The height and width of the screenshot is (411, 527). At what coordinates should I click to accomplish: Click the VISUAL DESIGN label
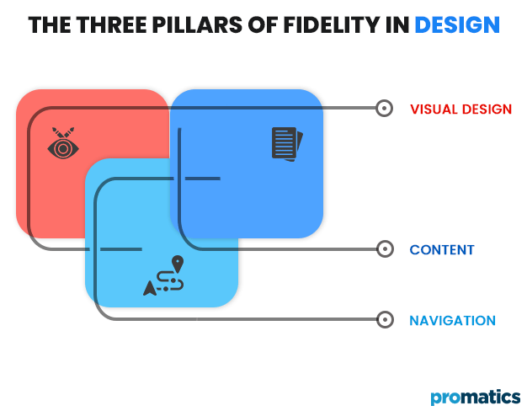[x=460, y=109]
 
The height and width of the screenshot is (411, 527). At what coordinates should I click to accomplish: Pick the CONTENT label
[x=442, y=250]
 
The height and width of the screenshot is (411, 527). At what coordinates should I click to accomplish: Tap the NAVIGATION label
[x=452, y=321]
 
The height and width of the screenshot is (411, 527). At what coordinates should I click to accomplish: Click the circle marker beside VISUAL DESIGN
[x=385, y=109]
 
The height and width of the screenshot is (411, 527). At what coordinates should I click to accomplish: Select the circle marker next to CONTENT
[x=385, y=249]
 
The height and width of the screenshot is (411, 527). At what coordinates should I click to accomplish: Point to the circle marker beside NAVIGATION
[x=385, y=320]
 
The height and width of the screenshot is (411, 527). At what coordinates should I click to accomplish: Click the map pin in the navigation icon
[x=177, y=263]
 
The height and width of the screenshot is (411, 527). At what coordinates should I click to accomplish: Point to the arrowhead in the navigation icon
[x=150, y=288]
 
